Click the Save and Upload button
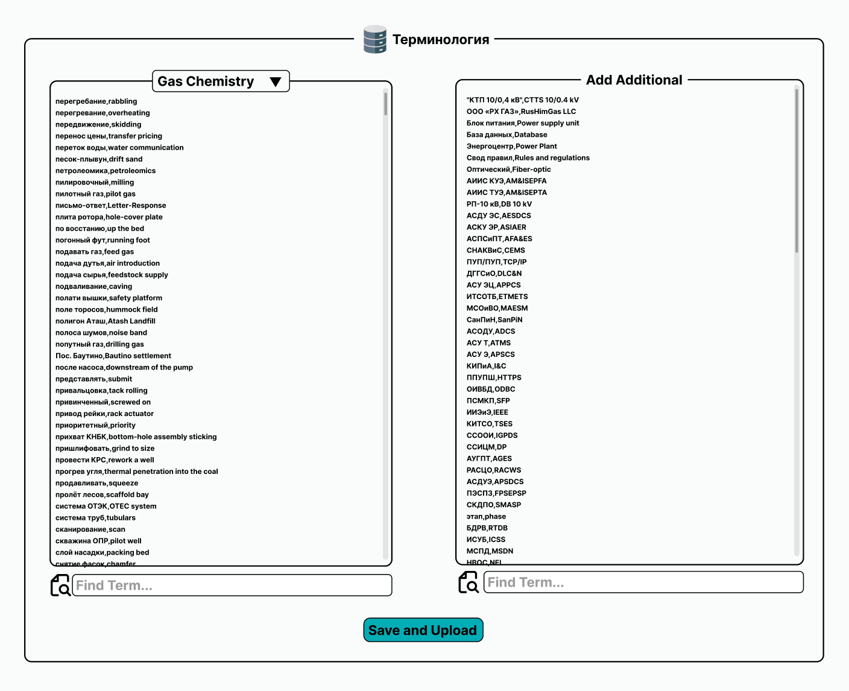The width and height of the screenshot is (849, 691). tap(423, 630)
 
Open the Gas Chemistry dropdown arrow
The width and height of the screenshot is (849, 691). tap(276, 82)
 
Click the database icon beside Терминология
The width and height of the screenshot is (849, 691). tap(374, 40)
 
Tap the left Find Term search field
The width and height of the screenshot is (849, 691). tap(232, 585)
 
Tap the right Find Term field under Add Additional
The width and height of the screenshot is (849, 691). tap(643, 582)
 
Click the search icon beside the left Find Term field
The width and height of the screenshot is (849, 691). tap(60, 585)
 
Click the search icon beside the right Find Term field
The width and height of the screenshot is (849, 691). tap(469, 582)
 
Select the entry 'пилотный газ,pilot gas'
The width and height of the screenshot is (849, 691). tap(95, 194)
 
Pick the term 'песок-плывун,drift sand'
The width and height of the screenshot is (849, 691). tap(99, 159)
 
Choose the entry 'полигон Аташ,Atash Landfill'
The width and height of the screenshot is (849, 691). tap(106, 321)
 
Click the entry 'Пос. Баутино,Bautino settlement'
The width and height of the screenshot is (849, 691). tap(113, 356)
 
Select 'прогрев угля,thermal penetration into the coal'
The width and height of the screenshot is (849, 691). tap(137, 472)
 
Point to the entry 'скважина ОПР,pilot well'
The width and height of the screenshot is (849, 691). tap(98, 541)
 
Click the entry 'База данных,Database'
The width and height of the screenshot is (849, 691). tap(507, 135)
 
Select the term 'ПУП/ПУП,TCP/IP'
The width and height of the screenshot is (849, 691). tap(496, 262)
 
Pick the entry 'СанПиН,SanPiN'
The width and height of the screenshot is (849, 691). tap(494, 320)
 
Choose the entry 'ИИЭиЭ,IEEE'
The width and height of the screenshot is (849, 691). tap(487, 412)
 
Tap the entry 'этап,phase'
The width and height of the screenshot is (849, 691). tap(486, 517)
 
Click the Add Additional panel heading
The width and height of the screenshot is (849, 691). tap(634, 80)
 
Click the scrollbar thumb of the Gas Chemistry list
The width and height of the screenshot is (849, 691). tap(385, 104)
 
